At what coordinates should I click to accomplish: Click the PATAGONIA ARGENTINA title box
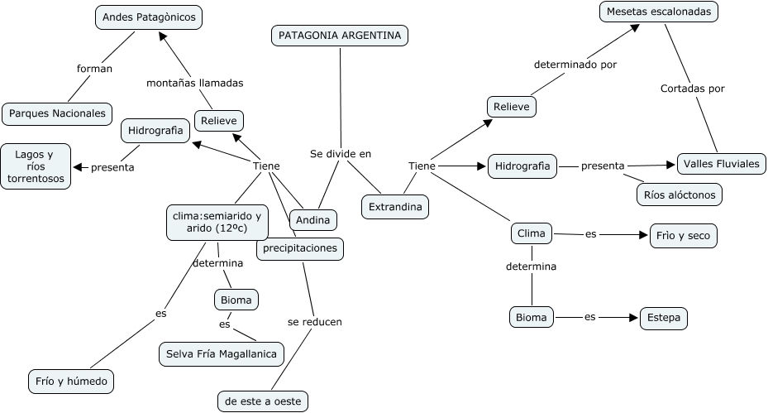pos(340,36)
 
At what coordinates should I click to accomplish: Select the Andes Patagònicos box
pos(149,17)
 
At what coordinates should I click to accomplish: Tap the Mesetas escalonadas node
pos(658,12)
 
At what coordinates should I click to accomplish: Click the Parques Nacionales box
pos(57,113)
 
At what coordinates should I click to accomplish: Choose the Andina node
pos(313,220)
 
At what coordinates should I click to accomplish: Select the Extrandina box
pos(395,206)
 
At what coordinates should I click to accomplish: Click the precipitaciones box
pos(299,248)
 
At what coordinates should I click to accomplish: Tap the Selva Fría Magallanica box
pos(222,354)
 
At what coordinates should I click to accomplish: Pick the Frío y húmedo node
pos(70,382)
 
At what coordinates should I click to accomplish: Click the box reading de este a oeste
pos(264,401)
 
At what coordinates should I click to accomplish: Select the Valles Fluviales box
pos(721,164)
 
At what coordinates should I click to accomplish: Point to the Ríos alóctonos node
pos(680,194)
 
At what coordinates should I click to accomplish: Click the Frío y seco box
pos(683,235)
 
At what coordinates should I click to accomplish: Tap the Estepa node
pos(664,318)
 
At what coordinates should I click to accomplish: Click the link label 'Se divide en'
pos(341,153)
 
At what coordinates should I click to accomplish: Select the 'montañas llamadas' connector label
pos(194,83)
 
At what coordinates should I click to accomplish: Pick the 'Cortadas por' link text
pos(693,88)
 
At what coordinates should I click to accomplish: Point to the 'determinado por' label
pos(575,64)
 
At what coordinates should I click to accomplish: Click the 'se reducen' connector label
pos(314,321)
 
